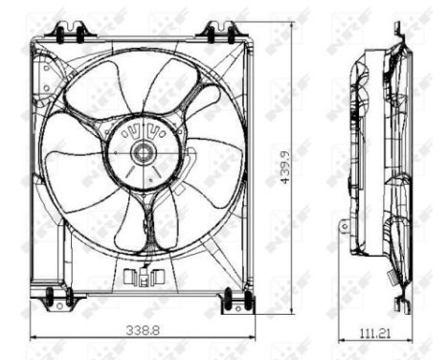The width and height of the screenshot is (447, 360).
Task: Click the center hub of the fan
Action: (144, 150)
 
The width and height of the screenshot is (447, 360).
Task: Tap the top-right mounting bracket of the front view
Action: (219, 32)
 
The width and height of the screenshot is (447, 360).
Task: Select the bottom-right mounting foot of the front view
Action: (235, 302)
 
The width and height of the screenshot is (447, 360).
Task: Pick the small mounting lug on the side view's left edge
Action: (343, 226)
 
